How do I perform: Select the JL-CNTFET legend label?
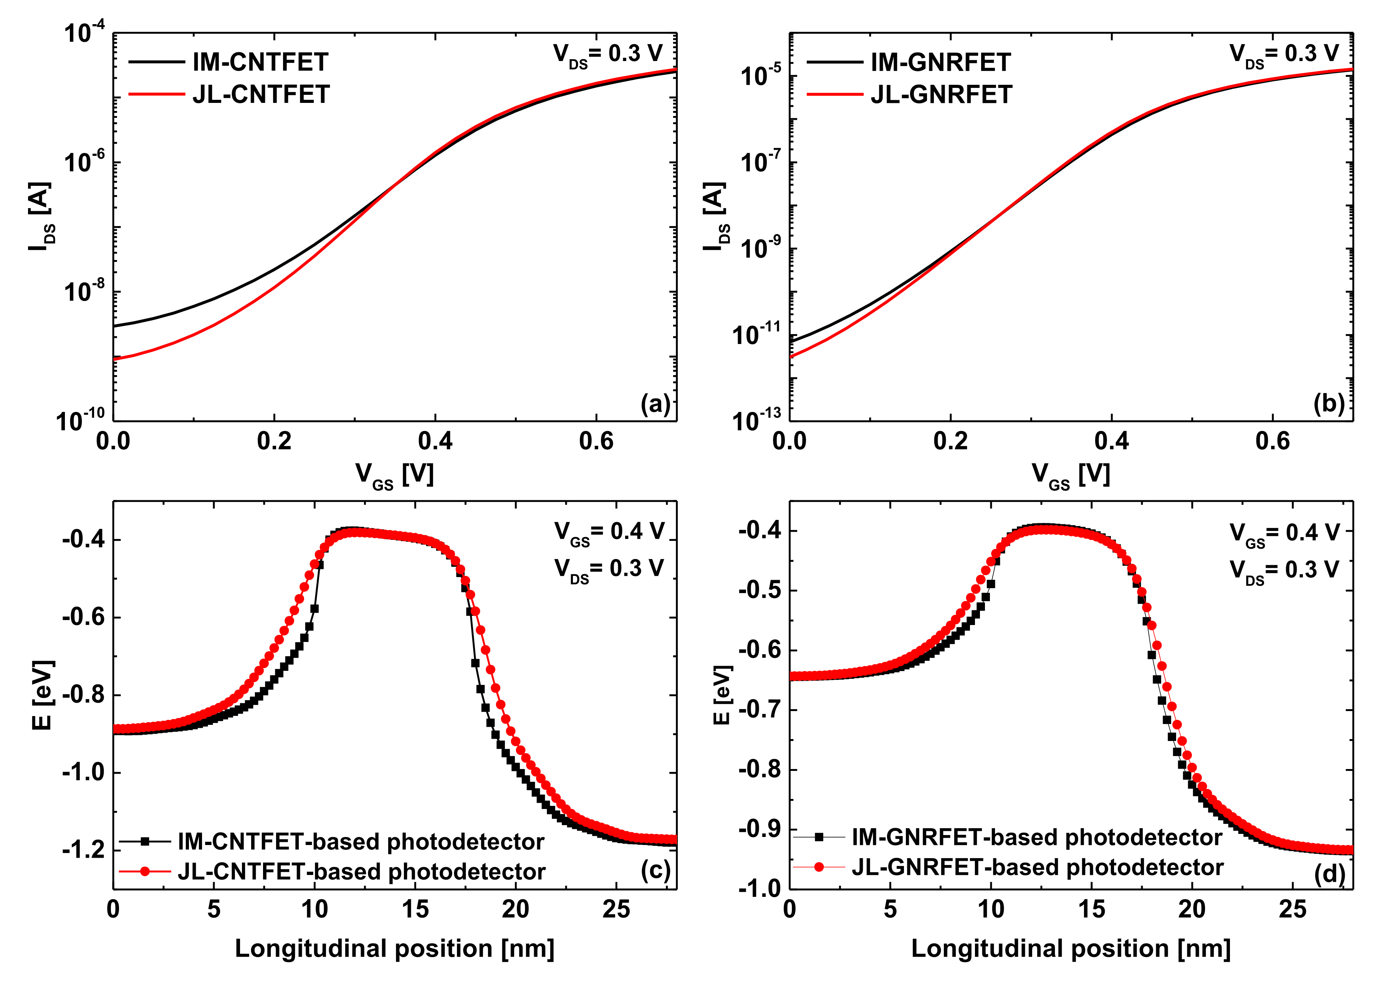tap(261, 94)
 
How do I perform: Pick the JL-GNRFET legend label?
tap(941, 94)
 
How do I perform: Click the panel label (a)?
tap(655, 404)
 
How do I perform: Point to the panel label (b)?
tap(1329, 404)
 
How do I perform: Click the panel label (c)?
tap(655, 871)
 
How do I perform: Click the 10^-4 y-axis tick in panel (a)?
tap(84, 31)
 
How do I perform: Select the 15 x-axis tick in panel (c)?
tap(415, 910)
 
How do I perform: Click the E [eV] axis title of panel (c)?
tap(42, 695)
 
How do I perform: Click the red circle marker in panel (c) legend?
tap(145, 871)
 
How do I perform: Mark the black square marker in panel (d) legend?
tap(819, 837)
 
